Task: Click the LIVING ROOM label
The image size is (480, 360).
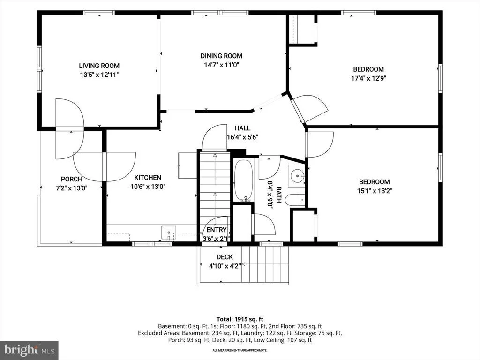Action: (x=99, y=66)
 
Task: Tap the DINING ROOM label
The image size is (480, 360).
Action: (x=221, y=56)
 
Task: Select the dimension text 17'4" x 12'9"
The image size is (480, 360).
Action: (x=368, y=78)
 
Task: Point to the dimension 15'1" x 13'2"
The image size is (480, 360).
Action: (x=375, y=191)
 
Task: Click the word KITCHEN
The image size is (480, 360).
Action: (x=148, y=178)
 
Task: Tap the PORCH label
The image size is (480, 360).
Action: (x=72, y=179)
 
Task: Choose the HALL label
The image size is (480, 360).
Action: (x=242, y=128)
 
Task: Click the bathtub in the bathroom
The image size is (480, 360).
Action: (x=244, y=180)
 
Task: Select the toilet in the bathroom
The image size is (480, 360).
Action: (x=295, y=200)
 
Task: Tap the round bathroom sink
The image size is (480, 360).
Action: (x=297, y=176)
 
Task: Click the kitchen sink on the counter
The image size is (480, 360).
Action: (x=169, y=232)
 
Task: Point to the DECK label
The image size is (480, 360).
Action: (x=225, y=257)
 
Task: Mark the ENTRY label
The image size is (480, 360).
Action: (x=217, y=230)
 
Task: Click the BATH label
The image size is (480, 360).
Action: (x=279, y=195)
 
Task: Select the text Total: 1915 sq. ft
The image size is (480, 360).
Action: (x=240, y=319)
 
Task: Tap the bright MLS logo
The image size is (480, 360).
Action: (x=29, y=350)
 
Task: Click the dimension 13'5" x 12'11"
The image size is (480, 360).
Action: (x=99, y=75)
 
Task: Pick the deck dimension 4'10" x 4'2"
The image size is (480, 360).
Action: (x=225, y=266)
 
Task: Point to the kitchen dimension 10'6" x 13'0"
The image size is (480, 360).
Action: (x=148, y=187)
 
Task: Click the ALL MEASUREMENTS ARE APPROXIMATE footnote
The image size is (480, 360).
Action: (x=240, y=350)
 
